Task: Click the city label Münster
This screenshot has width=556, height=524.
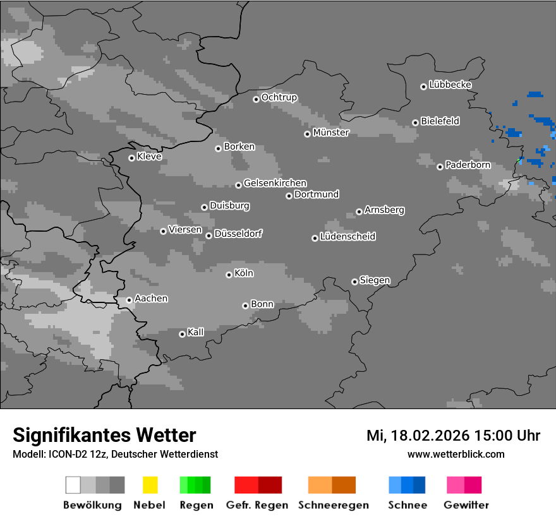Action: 330,133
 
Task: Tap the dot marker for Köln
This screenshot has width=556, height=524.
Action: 229,275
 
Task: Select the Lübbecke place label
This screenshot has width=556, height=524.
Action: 450,85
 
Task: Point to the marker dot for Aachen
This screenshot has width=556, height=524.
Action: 129,300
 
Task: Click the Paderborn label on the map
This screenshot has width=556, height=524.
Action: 468,165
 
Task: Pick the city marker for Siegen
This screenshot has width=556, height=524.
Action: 354,282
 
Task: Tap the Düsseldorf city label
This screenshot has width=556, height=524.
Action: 238,234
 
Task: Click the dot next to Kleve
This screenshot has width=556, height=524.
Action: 131,158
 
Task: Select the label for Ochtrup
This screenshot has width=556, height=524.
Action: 279,97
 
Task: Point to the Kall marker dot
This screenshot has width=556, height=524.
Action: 182,334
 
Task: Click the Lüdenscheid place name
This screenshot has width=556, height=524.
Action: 347,236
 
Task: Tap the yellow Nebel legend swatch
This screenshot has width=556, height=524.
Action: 150,485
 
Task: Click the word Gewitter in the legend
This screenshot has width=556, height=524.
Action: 466,505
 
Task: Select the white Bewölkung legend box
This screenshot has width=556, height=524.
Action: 73,485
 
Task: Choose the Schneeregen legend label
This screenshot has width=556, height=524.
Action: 333,505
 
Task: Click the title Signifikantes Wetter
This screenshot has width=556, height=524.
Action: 104,435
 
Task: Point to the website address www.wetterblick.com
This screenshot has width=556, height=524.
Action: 456,454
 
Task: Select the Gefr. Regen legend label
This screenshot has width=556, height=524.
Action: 257,505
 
